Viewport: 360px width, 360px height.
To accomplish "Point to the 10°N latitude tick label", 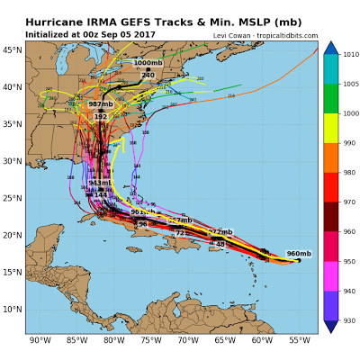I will click(x=13, y=309).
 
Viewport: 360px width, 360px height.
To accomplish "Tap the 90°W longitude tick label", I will click(x=39, y=340).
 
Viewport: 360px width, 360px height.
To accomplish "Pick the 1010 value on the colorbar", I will click(x=349, y=55).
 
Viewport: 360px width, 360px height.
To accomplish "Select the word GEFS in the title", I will click(x=136, y=21).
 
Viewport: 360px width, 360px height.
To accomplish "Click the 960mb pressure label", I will click(x=299, y=254).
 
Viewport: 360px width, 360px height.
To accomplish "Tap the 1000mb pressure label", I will click(x=148, y=63).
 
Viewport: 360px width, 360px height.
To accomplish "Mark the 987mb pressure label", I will click(x=101, y=104).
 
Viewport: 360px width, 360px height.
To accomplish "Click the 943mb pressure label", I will click(x=100, y=183).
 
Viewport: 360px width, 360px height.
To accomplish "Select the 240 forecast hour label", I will click(x=148, y=75).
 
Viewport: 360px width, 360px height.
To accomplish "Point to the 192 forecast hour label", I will click(x=101, y=117).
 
